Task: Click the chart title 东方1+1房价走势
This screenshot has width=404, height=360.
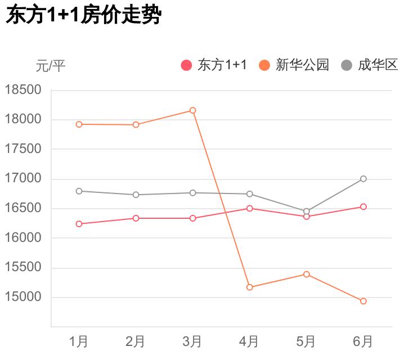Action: pyautogui.click(x=83, y=16)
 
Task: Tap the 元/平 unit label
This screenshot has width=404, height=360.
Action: pyautogui.click(x=51, y=66)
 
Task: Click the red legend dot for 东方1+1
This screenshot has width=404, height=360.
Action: pyautogui.click(x=186, y=65)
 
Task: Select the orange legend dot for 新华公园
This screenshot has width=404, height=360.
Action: pyautogui.click(x=264, y=65)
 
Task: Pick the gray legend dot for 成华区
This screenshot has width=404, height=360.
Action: pyautogui.click(x=347, y=65)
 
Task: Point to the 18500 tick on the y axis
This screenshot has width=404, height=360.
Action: pyautogui.click(x=23, y=90)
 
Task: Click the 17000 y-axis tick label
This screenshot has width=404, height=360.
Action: pyautogui.click(x=23, y=179)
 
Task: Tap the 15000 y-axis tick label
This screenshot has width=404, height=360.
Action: pyautogui.click(x=23, y=297)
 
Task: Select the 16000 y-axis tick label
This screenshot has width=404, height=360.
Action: pyautogui.click(x=23, y=238)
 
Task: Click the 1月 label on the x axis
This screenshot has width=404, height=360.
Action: pyautogui.click(x=79, y=341)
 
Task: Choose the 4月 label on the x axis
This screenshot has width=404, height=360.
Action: pyautogui.click(x=249, y=341)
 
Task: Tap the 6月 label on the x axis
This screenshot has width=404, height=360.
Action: pyautogui.click(x=363, y=341)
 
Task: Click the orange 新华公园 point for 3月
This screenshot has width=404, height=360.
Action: pyautogui.click(x=192, y=110)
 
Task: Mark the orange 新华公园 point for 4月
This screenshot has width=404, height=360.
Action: pyautogui.click(x=249, y=287)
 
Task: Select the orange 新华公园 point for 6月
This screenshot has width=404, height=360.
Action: pyautogui.click(x=363, y=301)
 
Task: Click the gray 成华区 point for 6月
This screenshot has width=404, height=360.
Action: pyautogui.click(x=363, y=179)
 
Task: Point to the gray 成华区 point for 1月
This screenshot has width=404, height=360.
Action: pyautogui.click(x=79, y=191)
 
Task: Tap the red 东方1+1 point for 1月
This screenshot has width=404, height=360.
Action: pyautogui.click(x=79, y=224)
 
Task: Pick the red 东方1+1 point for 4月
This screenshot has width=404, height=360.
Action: pyautogui.click(x=249, y=208)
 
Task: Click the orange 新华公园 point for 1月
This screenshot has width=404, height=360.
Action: pyautogui.click(x=79, y=124)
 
